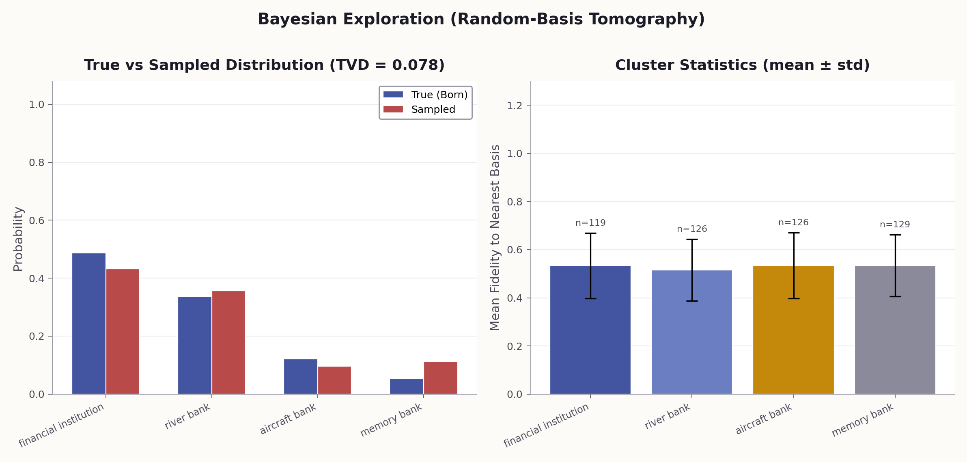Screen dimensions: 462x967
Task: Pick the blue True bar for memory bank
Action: click(406, 386)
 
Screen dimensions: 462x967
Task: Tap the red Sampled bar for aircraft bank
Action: click(334, 380)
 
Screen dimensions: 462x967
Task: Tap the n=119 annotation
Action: click(590, 223)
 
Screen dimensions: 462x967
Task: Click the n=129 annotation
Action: click(895, 225)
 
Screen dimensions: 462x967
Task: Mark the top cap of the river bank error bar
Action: click(692, 240)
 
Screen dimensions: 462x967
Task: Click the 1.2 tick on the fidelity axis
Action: click(514, 106)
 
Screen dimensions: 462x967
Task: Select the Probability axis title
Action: click(18, 239)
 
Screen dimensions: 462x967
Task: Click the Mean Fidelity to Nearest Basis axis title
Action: click(495, 237)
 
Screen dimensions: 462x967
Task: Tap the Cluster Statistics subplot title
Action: click(742, 65)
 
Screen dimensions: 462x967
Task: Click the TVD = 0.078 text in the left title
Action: click(387, 65)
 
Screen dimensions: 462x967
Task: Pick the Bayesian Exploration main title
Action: click(481, 19)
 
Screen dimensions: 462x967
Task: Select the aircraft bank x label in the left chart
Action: click(288, 419)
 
